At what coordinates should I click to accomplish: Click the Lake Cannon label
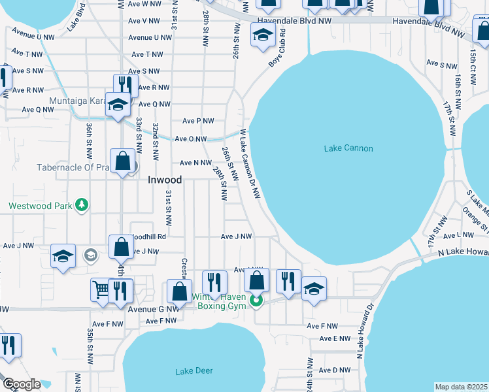click(348, 148)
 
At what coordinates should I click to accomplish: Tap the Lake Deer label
click(194, 371)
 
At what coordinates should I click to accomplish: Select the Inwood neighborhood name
click(164, 179)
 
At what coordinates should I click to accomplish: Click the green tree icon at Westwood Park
click(82, 205)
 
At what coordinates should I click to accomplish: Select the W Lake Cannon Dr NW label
click(250, 163)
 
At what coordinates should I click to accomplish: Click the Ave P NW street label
click(198, 121)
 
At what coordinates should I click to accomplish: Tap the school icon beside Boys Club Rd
click(262, 35)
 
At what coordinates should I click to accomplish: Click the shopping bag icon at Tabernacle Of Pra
click(122, 160)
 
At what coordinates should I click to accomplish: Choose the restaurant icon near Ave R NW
click(125, 86)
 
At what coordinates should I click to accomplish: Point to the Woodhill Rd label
click(149, 237)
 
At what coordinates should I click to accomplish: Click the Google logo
click(22, 384)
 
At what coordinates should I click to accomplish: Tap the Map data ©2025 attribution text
click(460, 387)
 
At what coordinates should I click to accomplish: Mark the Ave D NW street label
click(335, 370)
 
